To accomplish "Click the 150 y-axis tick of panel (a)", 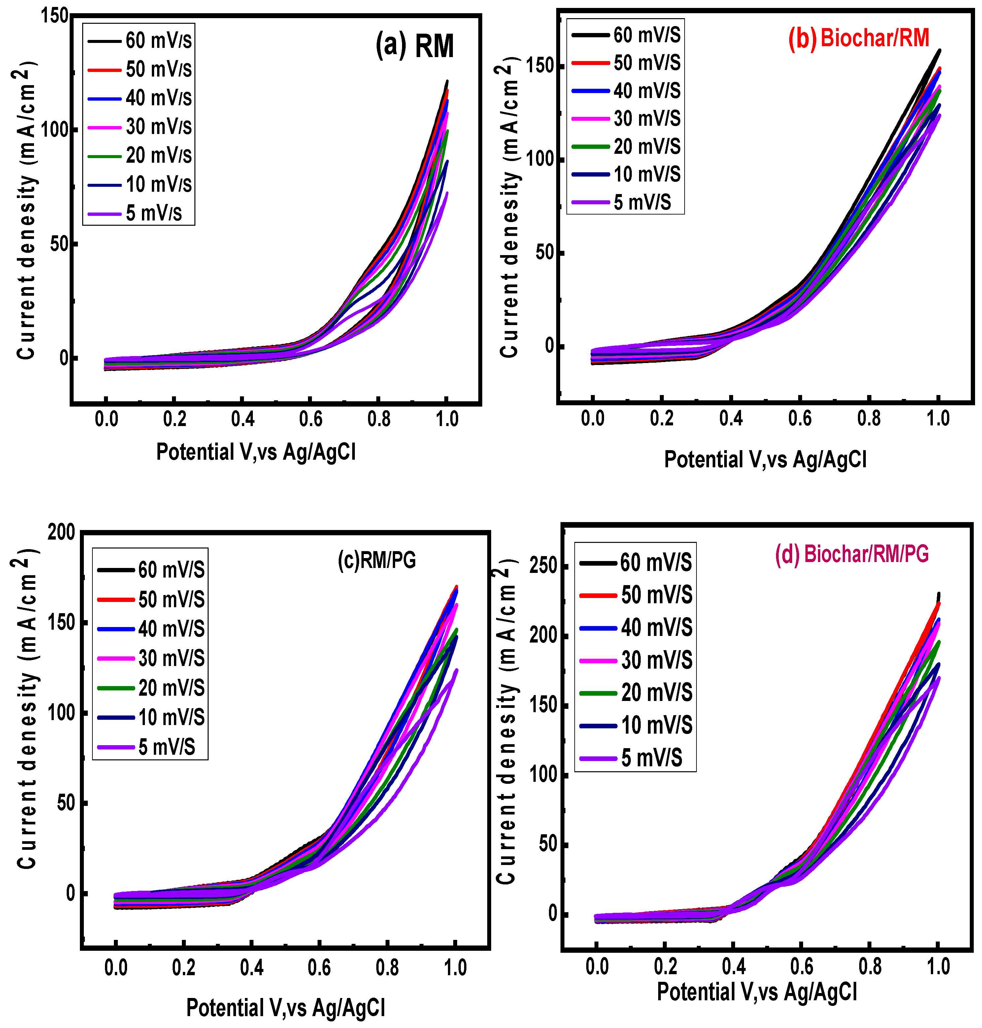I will point(55,16).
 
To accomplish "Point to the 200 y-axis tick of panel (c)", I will point(61,532).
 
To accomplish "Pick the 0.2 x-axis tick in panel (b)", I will point(661,418).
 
